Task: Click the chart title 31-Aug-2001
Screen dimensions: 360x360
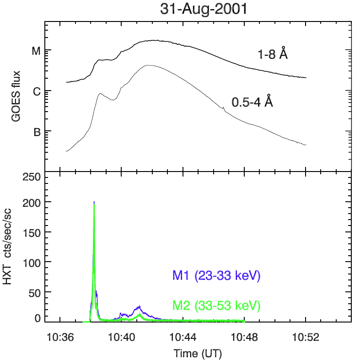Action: pyautogui.click(x=203, y=10)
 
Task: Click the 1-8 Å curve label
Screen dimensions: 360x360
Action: pyautogui.click(x=272, y=54)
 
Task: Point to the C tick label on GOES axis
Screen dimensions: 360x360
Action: pyautogui.click(x=36, y=91)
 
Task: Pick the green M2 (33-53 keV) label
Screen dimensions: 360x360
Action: pyautogui.click(x=216, y=305)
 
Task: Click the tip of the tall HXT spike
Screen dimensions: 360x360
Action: pyautogui.click(x=94, y=202)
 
